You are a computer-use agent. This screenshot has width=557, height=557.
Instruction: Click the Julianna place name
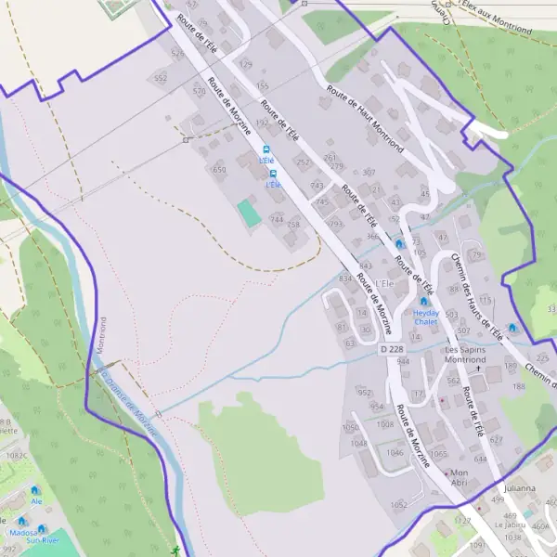click(x=520, y=488)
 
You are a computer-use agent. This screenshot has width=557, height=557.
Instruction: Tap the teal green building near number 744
click(x=248, y=212)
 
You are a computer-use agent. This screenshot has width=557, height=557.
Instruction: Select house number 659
click(x=219, y=170)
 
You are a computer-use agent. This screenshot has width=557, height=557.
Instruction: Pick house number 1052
click(x=398, y=505)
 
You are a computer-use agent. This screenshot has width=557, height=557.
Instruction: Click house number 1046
click(x=395, y=453)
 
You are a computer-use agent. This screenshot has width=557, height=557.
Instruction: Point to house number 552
click(x=161, y=79)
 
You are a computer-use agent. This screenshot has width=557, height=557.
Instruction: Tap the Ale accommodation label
click(x=37, y=501)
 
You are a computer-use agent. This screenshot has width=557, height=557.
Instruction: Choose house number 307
click(x=369, y=173)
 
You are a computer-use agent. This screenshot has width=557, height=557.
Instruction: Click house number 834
click(x=346, y=278)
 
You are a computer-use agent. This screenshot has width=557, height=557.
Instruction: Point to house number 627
click(x=495, y=440)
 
